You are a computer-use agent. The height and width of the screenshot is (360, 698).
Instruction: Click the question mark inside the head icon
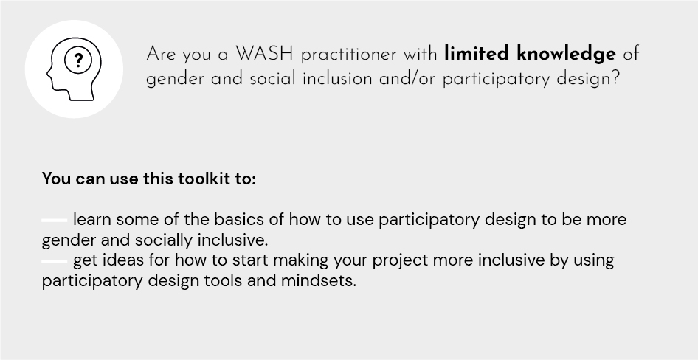click(x=78, y=60)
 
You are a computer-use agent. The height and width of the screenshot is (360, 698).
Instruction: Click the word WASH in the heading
click(x=264, y=54)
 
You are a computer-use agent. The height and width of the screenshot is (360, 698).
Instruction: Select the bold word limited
click(x=477, y=53)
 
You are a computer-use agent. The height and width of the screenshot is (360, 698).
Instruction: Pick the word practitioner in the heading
click(x=348, y=55)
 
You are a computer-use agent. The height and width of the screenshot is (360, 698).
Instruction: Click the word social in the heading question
click(x=272, y=79)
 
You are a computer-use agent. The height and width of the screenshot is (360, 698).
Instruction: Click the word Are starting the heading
click(x=160, y=55)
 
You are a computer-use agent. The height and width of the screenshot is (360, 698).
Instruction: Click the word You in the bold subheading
click(x=57, y=179)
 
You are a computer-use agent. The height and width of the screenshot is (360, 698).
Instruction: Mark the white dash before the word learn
click(x=55, y=220)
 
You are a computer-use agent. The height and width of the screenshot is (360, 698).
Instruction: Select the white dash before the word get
click(x=55, y=261)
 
